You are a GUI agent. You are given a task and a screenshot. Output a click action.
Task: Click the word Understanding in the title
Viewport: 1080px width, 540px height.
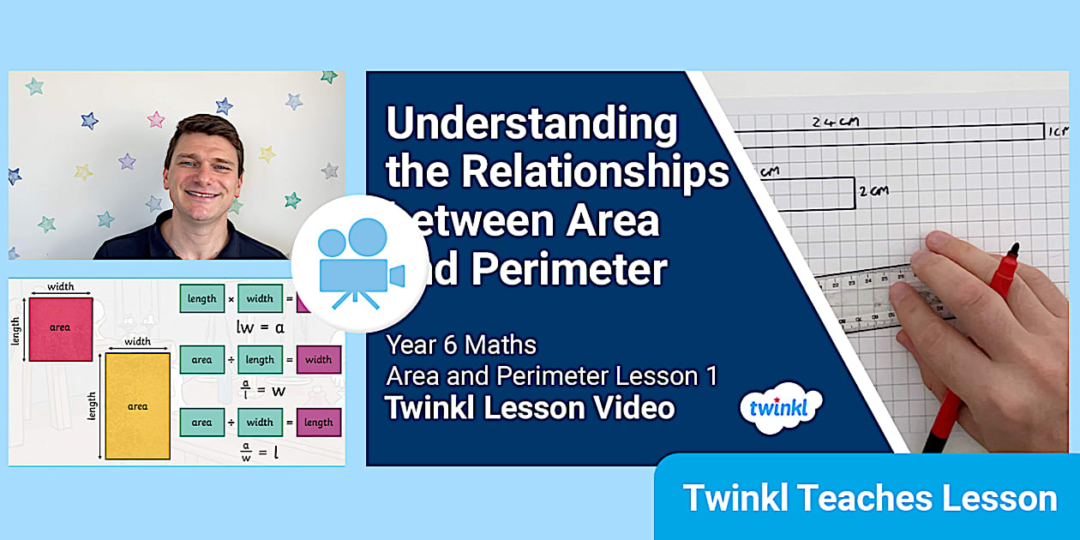[x=531, y=125]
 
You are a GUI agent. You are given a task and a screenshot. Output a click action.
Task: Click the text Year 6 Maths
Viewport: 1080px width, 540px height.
[x=461, y=345]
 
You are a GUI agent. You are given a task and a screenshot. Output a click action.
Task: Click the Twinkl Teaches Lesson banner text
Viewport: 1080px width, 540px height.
[x=869, y=498]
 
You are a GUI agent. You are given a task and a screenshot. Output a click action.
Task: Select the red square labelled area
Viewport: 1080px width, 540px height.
[x=60, y=328]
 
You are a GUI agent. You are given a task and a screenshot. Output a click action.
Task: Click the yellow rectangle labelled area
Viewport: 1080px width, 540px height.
[x=137, y=406]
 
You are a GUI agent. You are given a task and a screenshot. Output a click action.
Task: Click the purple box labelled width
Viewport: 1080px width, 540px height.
[x=318, y=360]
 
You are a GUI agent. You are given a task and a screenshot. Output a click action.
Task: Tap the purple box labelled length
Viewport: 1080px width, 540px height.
[x=318, y=422]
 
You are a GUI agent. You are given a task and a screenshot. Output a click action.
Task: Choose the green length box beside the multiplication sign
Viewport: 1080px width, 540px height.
[x=201, y=298]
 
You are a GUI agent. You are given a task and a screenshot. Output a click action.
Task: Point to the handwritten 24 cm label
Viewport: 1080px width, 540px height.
[x=836, y=122]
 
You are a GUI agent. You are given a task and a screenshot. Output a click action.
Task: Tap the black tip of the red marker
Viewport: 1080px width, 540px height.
[x=1013, y=250]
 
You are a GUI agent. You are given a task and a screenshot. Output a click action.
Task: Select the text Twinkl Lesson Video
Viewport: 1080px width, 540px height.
[x=530, y=408]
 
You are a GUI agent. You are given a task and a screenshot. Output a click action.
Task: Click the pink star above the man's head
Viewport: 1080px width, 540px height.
[x=155, y=120]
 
